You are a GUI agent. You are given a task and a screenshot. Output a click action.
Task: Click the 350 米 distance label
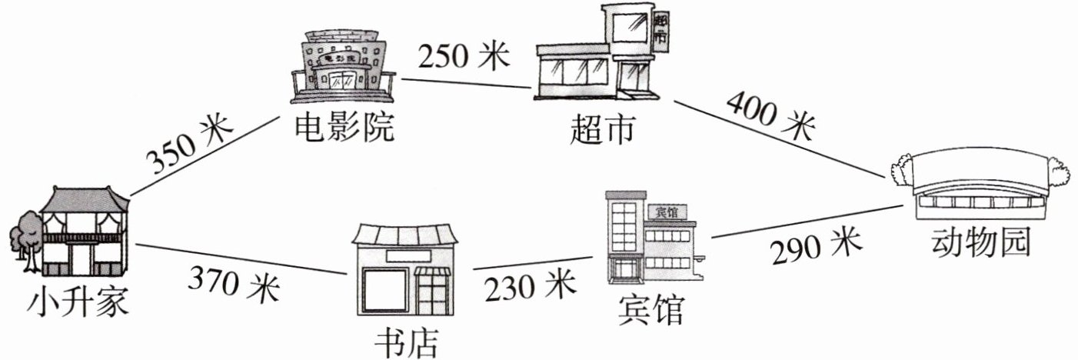189,146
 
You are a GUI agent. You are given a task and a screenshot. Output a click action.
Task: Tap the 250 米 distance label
464,55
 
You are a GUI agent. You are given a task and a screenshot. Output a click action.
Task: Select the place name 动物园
979,245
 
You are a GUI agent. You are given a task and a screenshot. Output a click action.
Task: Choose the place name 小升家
77,302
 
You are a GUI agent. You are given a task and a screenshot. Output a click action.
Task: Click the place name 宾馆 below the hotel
650,311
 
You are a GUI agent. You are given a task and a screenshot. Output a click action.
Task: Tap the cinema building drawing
344,67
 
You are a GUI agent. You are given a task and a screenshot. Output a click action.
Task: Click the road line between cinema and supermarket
464,85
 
